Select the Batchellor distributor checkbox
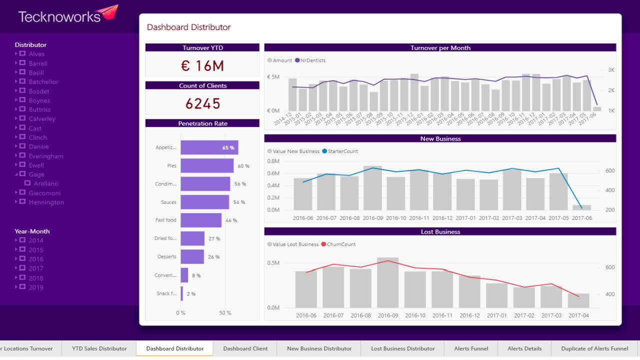tap(22, 81)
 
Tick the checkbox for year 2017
tap(22, 268)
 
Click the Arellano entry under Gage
tap(46, 183)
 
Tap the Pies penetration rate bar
tap(207, 165)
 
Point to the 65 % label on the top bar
tap(228, 147)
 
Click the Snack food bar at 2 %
tap(182, 293)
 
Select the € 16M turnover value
tap(202, 65)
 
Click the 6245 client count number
tap(202, 103)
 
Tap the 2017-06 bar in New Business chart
tap(581, 207)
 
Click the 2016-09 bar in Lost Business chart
tap(387, 282)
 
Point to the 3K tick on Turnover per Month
tap(611, 70)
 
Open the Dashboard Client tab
tap(245, 348)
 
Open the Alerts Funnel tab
tap(470, 348)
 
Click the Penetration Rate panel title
tap(202, 123)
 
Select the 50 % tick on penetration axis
tap(225, 313)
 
